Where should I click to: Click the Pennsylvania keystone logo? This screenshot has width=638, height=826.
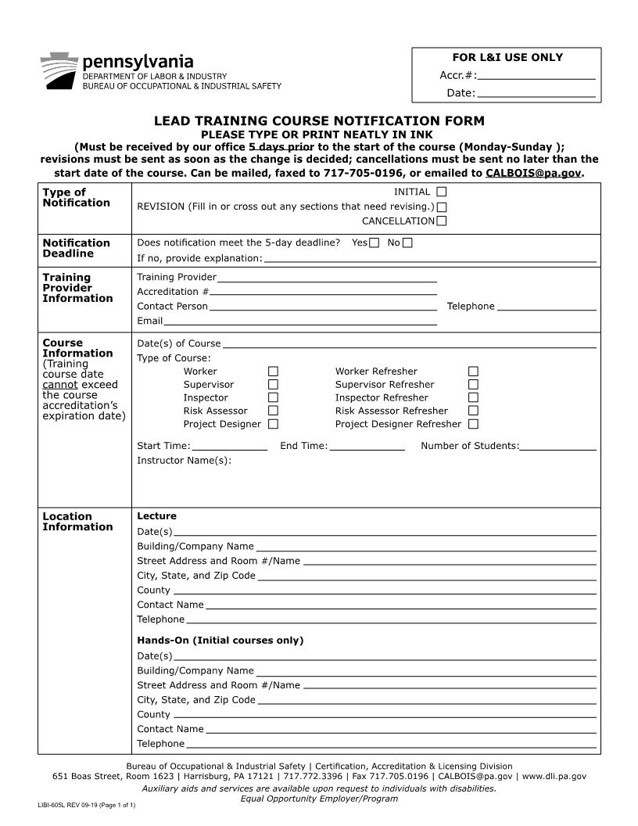pyautogui.click(x=59, y=71)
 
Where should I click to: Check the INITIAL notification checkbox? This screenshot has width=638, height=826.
pyautogui.click(x=442, y=192)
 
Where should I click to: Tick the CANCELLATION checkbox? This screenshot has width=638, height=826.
pyautogui.click(x=442, y=221)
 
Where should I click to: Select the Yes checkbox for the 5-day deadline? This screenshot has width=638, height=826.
pyautogui.click(x=374, y=242)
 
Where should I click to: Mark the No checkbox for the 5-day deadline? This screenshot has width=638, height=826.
pyautogui.click(x=407, y=242)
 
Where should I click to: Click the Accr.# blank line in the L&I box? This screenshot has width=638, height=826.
pyautogui.click(x=536, y=76)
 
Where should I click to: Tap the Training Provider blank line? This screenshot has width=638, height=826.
pyautogui.click(x=327, y=278)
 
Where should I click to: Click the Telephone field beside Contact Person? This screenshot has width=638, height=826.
pyautogui.click(x=547, y=307)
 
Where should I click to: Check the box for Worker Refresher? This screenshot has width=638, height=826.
pyautogui.click(x=473, y=372)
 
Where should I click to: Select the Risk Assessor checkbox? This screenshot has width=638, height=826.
pyautogui.click(x=273, y=411)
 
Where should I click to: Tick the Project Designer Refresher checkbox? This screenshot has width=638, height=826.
pyautogui.click(x=473, y=424)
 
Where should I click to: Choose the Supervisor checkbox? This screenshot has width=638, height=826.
pyautogui.click(x=273, y=385)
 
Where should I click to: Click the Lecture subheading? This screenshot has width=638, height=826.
pyautogui.click(x=156, y=516)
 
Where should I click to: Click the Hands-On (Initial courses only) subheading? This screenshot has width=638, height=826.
pyautogui.click(x=220, y=641)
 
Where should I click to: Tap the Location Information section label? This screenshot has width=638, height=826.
pyautogui.click(x=77, y=522)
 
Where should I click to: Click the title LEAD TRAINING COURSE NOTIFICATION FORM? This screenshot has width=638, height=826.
pyautogui.click(x=319, y=121)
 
